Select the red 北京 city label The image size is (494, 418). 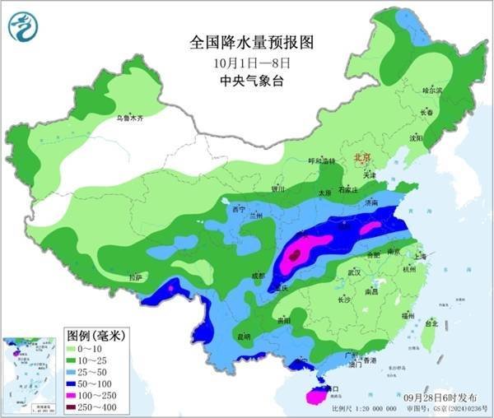pyautogui.click(x=362, y=156)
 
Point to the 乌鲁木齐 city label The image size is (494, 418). pyautogui.click(x=129, y=118)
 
